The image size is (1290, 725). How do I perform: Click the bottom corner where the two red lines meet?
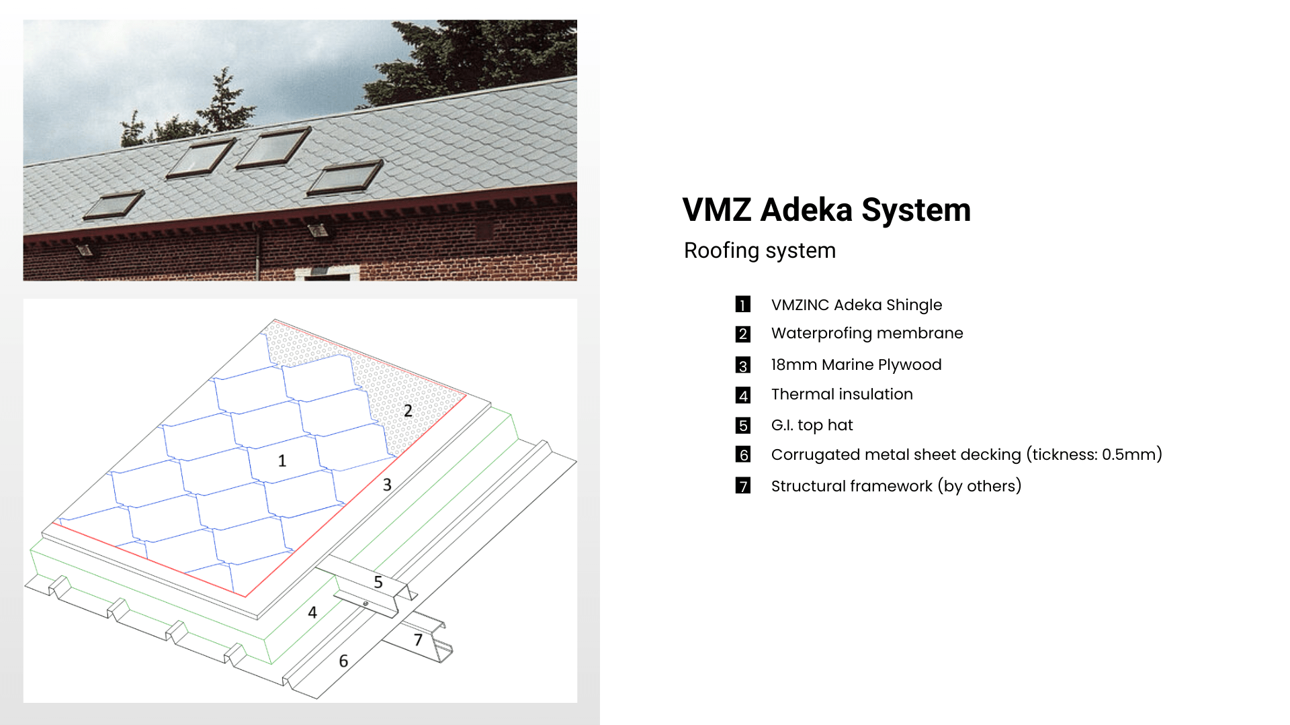tap(246, 596)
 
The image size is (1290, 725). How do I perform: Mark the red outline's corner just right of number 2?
tap(466, 395)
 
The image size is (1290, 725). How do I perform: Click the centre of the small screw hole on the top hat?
tap(365, 603)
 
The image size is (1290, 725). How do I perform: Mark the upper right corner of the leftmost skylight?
tap(143, 191)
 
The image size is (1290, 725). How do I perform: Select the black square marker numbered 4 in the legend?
tap(743, 395)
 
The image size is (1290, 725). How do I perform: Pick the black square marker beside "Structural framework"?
tap(743, 485)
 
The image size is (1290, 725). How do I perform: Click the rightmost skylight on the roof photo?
tap(345, 178)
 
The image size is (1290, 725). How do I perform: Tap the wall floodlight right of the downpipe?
tap(318, 230)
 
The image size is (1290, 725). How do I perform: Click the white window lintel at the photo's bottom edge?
tap(327, 274)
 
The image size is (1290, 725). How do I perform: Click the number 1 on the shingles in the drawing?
tap(282, 461)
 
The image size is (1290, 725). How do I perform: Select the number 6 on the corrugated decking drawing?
tap(343, 661)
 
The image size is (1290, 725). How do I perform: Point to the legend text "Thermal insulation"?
tap(842, 394)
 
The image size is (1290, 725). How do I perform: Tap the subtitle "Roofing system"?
tap(760, 250)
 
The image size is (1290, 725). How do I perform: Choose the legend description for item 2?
tap(867, 334)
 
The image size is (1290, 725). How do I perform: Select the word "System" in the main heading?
tap(916, 211)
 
